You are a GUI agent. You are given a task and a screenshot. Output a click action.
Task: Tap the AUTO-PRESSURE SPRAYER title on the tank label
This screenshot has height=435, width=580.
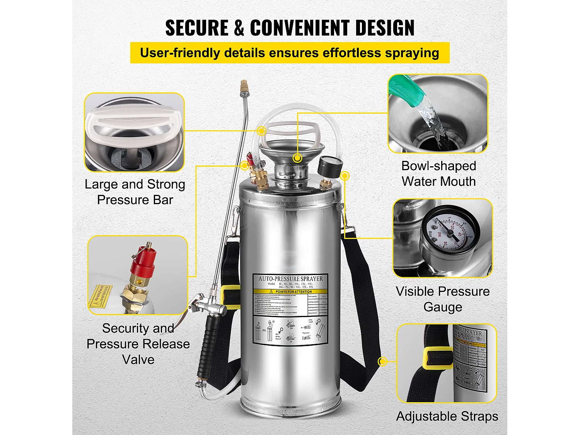290,278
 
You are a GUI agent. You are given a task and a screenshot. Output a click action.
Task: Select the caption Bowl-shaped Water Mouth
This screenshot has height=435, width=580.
438,174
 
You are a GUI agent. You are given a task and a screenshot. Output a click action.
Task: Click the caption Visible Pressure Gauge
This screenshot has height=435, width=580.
443,299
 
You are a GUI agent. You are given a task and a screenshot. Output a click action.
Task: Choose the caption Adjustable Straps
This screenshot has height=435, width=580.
447,416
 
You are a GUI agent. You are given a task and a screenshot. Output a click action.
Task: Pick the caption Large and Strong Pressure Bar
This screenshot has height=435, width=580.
135,192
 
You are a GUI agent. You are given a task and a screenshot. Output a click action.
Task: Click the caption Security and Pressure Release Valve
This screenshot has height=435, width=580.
138,344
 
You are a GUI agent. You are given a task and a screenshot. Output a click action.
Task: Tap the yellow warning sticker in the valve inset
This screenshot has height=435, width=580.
101,296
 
